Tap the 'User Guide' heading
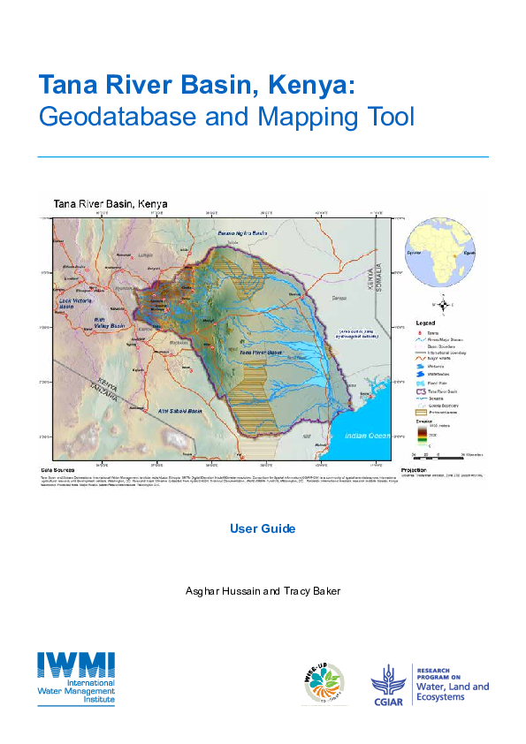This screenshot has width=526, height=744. pos(263,528)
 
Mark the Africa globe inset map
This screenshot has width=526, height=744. pos(440,253)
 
